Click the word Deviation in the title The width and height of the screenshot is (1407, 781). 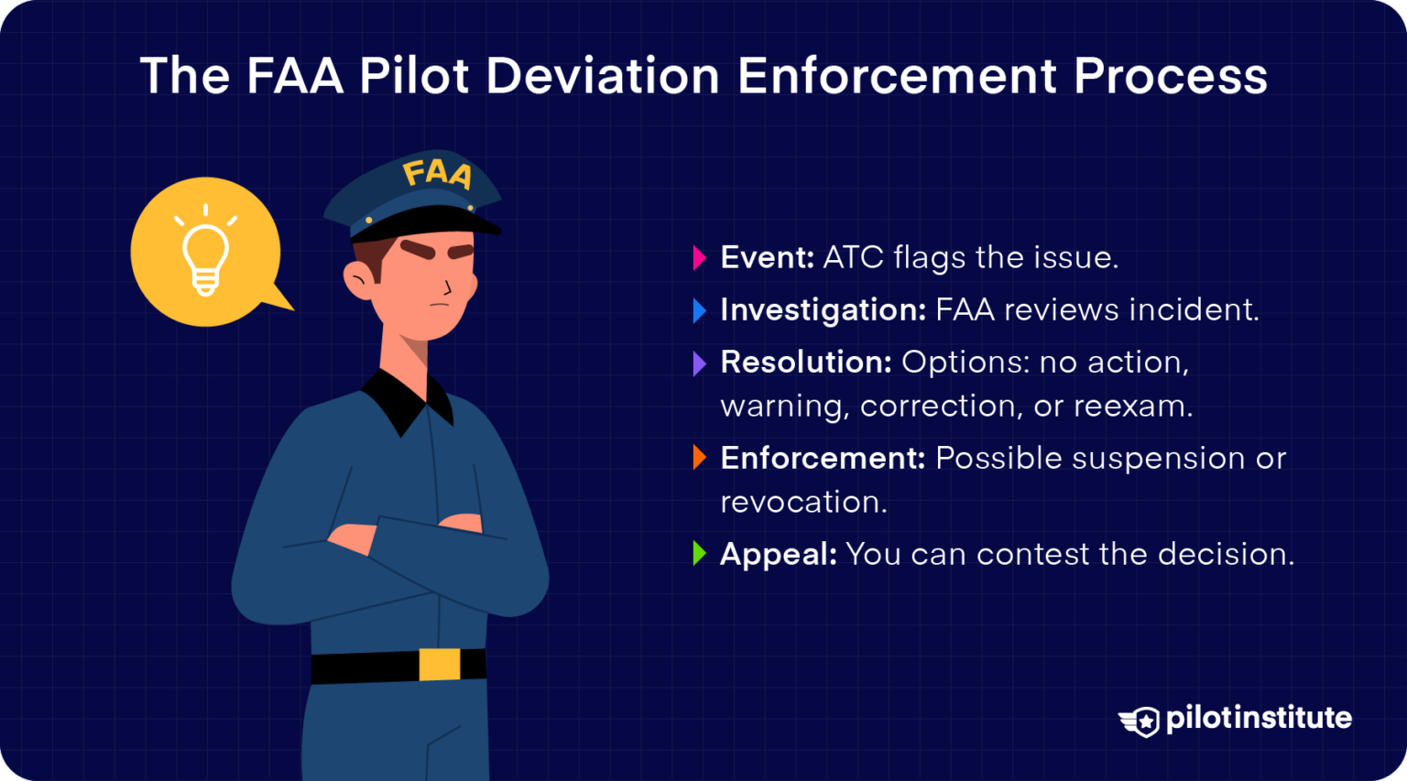pos(602,75)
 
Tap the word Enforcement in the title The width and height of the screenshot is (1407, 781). pos(897,75)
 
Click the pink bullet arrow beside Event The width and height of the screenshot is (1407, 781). pos(700,258)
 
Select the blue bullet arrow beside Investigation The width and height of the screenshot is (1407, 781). pos(700,310)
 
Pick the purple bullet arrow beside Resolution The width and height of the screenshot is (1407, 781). pos(700,363)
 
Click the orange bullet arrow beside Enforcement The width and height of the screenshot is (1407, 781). pos(700,458)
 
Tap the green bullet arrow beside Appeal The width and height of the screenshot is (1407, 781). pos(700,554)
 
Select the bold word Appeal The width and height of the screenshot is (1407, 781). pos(778,555)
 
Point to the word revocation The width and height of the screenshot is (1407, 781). pos(802,503)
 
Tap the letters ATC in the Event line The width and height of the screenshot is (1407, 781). pos(853,258)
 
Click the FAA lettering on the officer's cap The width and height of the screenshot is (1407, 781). pos(437,173)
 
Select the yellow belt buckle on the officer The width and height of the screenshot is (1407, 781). pos(439,664)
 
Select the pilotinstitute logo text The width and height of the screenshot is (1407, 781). pos(1258,718)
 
